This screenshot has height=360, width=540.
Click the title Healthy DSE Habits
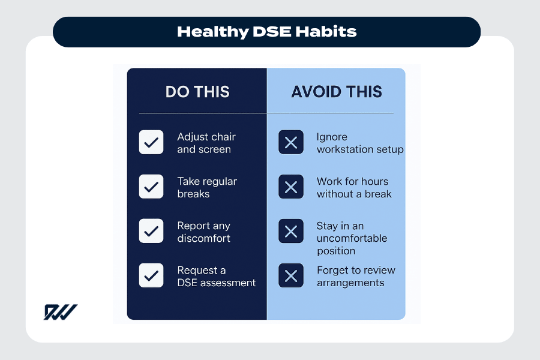pyautogui.click(x=266, y=32)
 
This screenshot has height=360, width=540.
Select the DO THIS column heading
pyautogui.click(x=197, y=92)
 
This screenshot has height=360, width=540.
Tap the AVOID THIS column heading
pyautogui.click(x=337, y=92)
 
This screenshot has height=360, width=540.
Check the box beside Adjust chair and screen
pyautogui.click(x=151, y=143)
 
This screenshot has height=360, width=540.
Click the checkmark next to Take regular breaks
pyautogui.click(x=151, y=187)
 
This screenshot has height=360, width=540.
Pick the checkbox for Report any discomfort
pyautogui.click(x=151, y=231)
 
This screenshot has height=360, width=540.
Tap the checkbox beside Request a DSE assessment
pyautogui.click(x=151, y=275)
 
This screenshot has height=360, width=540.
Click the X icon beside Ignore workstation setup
pyautogui.click(x=291, y=143)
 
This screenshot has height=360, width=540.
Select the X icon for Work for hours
pyautogui.click(x=291, y=187)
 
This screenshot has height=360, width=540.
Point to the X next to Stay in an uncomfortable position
pyautogui.click(x=291, y=232)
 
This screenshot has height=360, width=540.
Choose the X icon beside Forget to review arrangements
pyautogui.click(x=291, y=276)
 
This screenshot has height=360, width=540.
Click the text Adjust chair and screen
pyautogui.click(x=203, y=143)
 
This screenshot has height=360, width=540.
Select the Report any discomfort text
pyautogui.click(x=203, y=232)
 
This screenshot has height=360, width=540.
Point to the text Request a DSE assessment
pyautogui.click(x=216, y=276)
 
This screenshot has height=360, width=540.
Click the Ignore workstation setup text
pyautogui.click(x=360, y=143)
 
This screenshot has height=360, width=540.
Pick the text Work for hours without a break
pyautogui.click(x=354, y=187)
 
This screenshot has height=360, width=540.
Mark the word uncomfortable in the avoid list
pyautogui.click(x=352, y=238)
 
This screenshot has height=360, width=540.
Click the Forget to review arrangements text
pyautogui.click(x=356, y=276)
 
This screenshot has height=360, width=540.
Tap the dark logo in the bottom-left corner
pyautogui.click(x=60, y=312)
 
